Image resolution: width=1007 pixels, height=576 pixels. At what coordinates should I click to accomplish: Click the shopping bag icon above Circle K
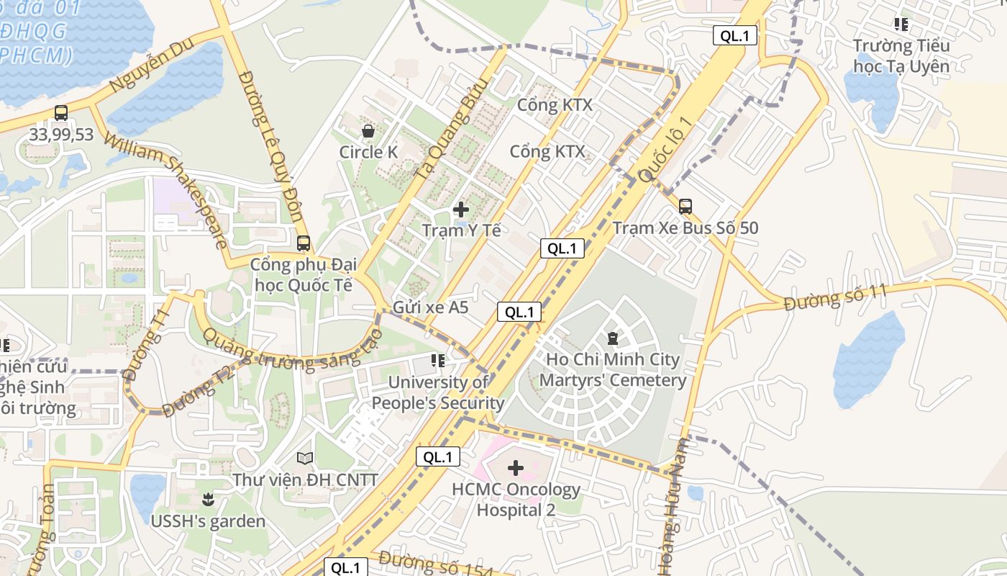pos(368,131)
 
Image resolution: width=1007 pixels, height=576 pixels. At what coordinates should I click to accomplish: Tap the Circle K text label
pos(368,152)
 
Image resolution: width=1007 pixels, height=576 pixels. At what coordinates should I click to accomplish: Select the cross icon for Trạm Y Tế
pos(461,210)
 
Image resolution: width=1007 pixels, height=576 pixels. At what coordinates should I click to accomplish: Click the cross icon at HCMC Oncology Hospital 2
pos(516,468)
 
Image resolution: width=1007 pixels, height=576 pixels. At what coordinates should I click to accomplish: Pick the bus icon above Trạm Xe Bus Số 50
pos(685,207)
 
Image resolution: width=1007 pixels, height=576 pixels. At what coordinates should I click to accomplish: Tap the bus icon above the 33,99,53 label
pos(61,113)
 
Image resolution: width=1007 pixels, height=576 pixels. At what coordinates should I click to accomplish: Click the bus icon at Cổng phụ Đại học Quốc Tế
pos(304,243)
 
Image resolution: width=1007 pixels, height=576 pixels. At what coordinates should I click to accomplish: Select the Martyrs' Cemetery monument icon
pos(613,337)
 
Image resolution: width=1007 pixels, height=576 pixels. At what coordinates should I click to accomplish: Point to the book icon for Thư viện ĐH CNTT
pos(305,458)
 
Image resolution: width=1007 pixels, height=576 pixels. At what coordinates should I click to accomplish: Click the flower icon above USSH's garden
pos(208,499)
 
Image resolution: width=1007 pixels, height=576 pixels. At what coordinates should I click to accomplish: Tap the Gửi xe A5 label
pos(430,307)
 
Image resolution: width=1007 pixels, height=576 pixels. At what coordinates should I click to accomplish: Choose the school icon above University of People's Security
pos(437,360)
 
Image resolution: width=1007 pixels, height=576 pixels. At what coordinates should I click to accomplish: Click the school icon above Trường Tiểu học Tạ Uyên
pos(901,24)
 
